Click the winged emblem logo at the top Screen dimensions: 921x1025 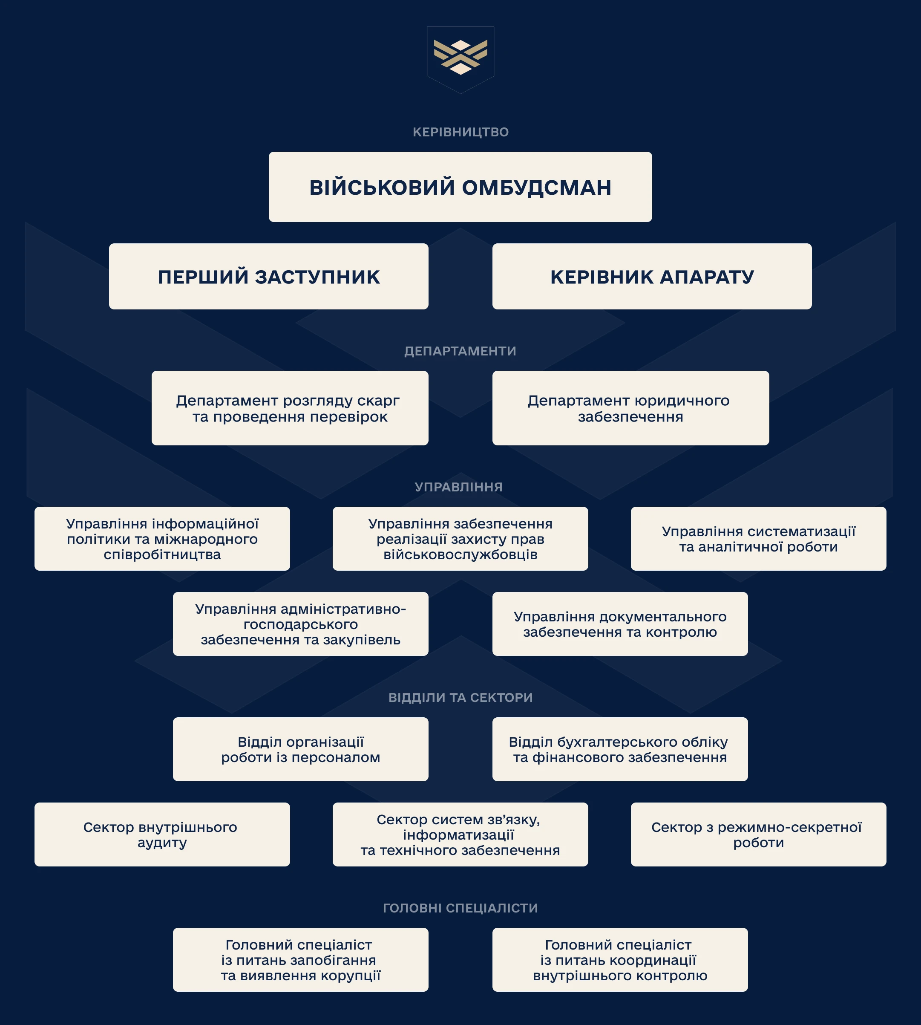click(x=460, y=60)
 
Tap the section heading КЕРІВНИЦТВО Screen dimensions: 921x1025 click(x=460, y=132)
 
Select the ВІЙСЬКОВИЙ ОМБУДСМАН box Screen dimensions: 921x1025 click(x=460, y=187)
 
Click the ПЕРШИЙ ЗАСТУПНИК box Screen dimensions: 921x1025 click(x=269, y=276)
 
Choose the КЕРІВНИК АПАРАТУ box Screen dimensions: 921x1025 click(x=652, y=276)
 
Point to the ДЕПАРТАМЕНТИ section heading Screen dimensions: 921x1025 click(x=460, y=351)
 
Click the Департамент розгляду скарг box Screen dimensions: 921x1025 click(x=290, y=408)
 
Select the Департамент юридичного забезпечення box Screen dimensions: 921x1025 click(x=630, y=408)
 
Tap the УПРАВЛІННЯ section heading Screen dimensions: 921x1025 click(x=458, y=487)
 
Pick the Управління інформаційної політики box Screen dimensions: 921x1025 click(x=162, y=539)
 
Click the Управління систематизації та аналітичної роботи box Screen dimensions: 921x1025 click(x=759, y=539)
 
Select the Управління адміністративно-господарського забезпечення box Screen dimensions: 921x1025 click(x=301, y=624)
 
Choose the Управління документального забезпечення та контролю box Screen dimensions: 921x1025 click(x=620, y=624)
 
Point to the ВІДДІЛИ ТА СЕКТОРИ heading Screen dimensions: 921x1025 click(x=460, y=698)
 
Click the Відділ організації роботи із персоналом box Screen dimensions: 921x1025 click(x=301, y=749)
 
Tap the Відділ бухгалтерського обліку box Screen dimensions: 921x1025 click(x=620, y=749)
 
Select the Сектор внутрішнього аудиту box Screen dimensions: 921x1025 click(x=162, y=834)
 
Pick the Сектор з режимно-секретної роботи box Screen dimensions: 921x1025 click(x=759, y=834)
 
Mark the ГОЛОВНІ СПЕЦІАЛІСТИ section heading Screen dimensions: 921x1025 click(x=460, y=908)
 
